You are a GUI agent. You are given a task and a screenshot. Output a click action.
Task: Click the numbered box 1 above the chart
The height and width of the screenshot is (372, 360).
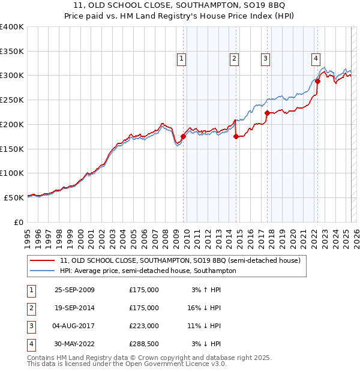coord(181,58)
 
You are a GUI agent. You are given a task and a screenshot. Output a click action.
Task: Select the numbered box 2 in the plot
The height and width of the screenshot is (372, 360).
coord(233,58)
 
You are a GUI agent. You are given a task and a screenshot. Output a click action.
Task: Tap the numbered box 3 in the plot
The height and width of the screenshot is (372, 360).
coord(265,58)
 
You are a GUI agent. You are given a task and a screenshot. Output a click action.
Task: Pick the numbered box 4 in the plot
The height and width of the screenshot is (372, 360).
coord(315,58)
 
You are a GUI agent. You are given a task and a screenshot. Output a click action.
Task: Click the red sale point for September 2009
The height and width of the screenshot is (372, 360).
coord(183,136)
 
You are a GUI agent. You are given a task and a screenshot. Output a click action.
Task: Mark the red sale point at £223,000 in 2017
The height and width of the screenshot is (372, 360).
coord(266,113)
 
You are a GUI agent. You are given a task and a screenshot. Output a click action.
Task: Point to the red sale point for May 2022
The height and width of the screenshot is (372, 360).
coord(317,81)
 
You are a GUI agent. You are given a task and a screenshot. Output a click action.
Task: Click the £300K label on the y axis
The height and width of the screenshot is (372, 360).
coord(12,76)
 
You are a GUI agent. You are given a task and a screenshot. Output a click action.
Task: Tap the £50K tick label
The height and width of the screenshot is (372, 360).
coord(14,197)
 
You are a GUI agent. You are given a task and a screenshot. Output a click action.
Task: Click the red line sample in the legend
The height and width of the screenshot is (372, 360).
coord(42,261)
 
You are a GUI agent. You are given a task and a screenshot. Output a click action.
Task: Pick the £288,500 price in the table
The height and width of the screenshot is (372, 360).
coord(144,344)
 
